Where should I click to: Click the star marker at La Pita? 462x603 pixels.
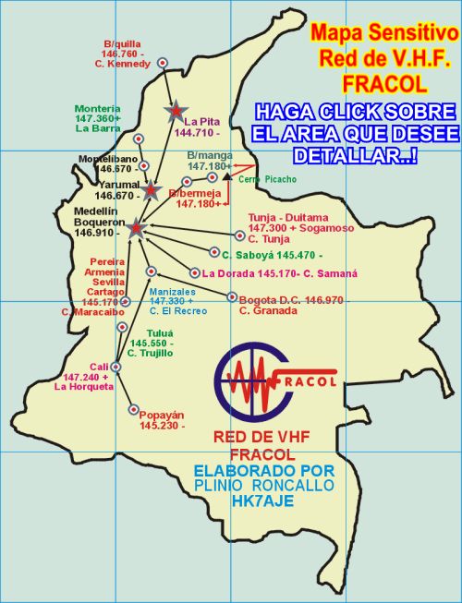tap(174, 112)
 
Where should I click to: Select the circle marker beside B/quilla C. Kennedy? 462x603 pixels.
tap(163, 63)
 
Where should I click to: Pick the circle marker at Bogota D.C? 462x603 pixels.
tap(231, 297)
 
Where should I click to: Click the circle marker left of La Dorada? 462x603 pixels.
tap(193, 272)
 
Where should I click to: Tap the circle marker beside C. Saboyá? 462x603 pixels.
tap(213, 251)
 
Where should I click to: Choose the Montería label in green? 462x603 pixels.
tap(99, 108)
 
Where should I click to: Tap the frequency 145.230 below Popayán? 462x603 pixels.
tap(161, 426)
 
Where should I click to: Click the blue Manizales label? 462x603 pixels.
tap(171, 291)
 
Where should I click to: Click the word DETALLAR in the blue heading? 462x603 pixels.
tap(359, 153)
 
